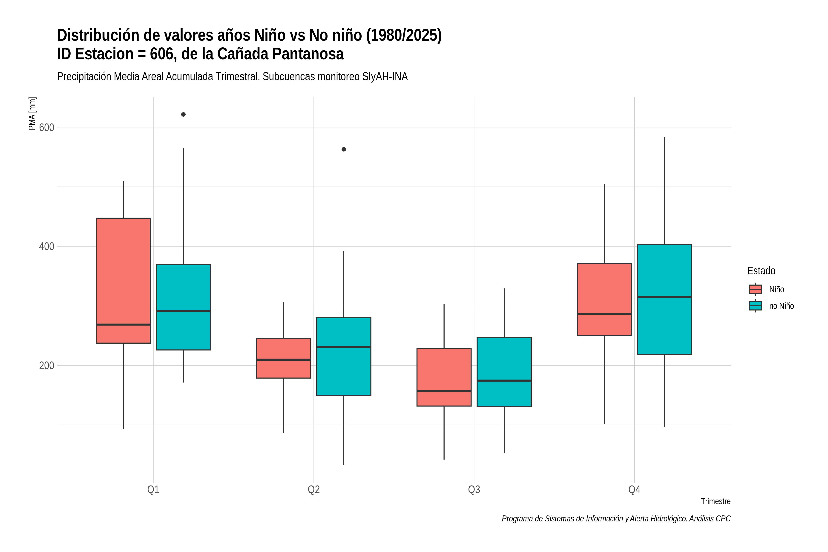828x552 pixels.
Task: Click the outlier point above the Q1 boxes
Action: click(183, 114)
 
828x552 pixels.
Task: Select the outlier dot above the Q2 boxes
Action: click(344, 149)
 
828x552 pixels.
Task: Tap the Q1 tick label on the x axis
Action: click(153, 490)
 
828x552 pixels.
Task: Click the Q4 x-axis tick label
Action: click(634, 490)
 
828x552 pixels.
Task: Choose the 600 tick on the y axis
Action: click(46, 127)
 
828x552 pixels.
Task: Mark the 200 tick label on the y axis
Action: click(46, 366)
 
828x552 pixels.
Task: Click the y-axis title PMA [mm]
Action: click(32, 113)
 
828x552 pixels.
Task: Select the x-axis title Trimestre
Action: click(716, 501)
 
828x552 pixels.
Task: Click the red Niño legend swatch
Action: click(756, 289)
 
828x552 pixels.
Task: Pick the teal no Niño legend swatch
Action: click(756, 306)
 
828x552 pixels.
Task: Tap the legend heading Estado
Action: click(761, 271)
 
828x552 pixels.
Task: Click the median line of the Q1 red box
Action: click(123, 325)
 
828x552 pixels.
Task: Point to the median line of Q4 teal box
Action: click(664, 297)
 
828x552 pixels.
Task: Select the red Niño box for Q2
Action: click(284, 358)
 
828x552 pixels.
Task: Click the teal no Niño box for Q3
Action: click(504, 372)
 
